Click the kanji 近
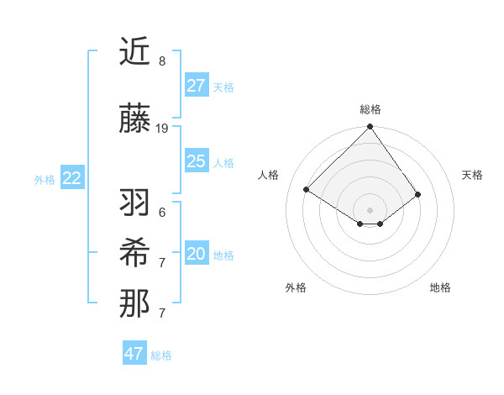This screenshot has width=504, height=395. tap(134, 51)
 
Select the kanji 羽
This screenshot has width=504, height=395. tap(134, 202)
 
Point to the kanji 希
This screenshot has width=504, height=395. tap(134, 252)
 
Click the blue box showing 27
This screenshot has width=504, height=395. tap(196, 85)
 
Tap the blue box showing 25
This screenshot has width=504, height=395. tap(196, 161)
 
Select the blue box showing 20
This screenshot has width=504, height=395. tap(196, 254)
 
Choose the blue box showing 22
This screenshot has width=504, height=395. tap(71, 178)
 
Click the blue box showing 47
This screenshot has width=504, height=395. tap(134, 354)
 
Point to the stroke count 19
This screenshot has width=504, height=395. tap(162, 129)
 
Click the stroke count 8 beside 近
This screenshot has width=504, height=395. tap(162, 61)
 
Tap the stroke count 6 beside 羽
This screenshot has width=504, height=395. tap(162, 212)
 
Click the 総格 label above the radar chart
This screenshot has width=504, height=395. tap(370, 109)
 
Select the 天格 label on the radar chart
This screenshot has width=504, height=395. tap(472, 175)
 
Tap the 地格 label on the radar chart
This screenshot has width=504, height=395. tap(440, 287)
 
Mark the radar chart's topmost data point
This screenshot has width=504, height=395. tap(370, 128)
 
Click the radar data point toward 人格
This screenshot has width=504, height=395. tap(307, 189)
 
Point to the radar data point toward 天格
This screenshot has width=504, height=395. tap(417, 194)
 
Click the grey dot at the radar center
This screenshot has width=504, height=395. tap(370, 209)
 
